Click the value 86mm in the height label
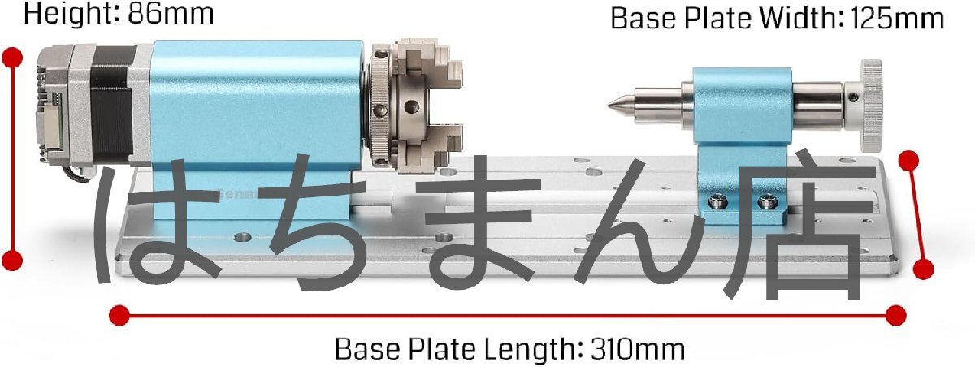171,14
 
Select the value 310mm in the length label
637,349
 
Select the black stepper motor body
112,106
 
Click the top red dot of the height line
12,58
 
